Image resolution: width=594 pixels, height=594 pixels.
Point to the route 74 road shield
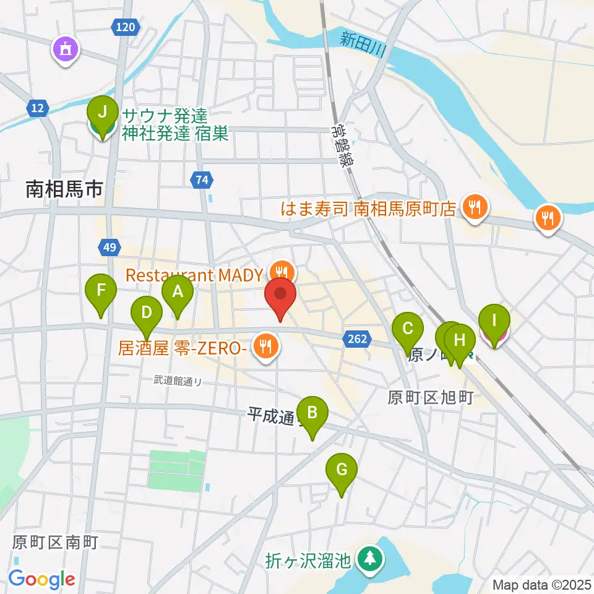pyautogui.click(x=202, y=180)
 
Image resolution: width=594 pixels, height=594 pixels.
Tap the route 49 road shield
pyautogui.click(x=109, y=247)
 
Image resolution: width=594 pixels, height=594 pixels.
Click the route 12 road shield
pyautogui.click(x=37, y=108)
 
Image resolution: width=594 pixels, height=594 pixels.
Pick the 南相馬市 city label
pyautogui.click(x=64, y=189)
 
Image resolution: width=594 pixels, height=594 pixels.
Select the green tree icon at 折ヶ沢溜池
pyautogui.click(x=369, y=559)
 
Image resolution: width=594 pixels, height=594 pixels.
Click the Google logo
pyautogui.click(x=42, y=579)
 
